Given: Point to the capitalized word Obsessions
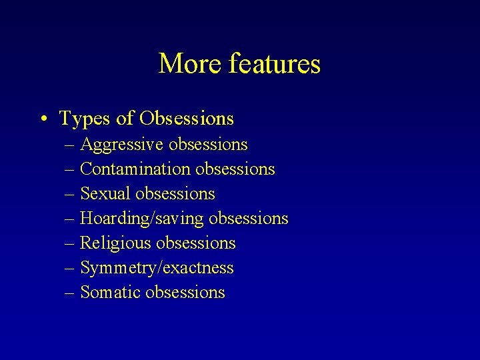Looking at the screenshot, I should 187,119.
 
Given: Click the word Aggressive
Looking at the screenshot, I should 123,145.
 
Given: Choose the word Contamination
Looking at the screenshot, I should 135,169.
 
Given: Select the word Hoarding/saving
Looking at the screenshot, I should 142,219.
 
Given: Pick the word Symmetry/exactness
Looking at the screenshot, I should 157,268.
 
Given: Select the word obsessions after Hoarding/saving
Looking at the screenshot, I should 249,219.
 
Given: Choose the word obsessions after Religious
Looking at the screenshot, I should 196,243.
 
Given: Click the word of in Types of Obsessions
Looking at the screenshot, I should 125,119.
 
